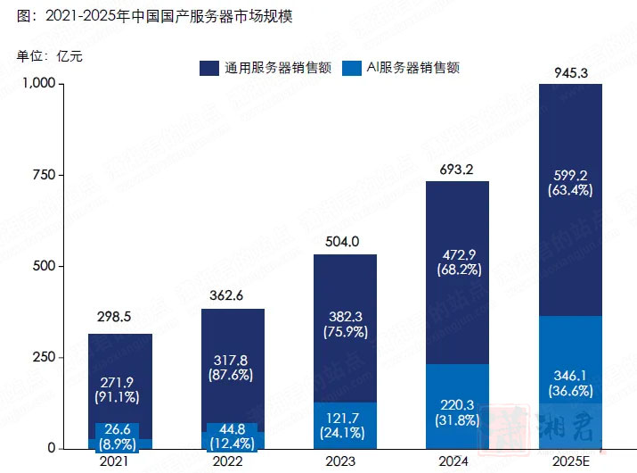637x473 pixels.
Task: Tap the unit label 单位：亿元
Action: [49, 57]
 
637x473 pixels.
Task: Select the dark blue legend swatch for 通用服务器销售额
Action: [210, 67]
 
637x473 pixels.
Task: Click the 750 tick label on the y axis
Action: [45, 175]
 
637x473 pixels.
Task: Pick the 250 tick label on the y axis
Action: [45, 357]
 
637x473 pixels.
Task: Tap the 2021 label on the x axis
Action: [120, 461]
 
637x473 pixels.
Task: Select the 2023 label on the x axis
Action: [345, 461]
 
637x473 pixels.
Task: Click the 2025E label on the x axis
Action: [570, 461]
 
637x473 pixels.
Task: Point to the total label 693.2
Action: [457, 170]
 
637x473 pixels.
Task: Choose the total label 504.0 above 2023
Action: [345, 242]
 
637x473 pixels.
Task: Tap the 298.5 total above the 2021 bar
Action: [120, 317]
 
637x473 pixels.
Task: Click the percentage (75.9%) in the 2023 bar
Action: [345, 333]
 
